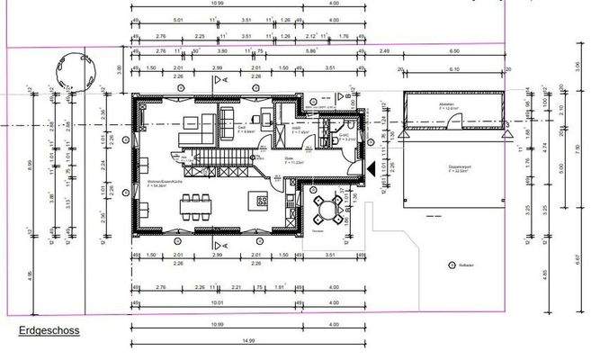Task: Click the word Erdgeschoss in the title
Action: coord(50,331)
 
